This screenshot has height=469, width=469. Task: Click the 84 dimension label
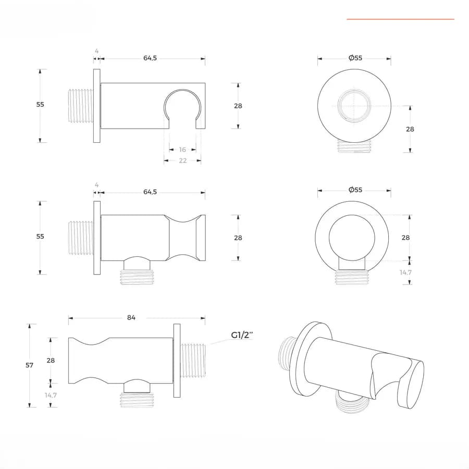point(131,317)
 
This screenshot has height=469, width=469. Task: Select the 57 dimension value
point(29,365)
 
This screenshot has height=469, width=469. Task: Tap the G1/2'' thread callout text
point(242,335)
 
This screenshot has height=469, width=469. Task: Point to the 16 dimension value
point(182,150)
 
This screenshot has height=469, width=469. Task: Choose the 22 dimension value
point(183,161)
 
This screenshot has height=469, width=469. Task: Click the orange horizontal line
point(401,19)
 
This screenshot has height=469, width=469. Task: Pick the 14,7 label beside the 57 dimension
point(51,395)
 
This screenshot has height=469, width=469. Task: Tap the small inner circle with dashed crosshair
point(354,106)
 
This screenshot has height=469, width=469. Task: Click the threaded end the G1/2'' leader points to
point(193,361)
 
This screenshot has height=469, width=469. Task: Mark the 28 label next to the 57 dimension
point(51,361)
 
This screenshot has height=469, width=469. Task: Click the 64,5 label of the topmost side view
point(150,58)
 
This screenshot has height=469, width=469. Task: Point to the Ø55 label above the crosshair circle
point(355,58)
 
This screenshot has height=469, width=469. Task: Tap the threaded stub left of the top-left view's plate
point(81,106)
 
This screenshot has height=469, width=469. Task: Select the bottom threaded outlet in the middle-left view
point(137,277)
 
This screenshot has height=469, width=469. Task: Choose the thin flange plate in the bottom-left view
point(177,361)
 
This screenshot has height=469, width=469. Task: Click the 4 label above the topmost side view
point(96,51)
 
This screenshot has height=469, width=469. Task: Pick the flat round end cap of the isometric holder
point(411,385)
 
